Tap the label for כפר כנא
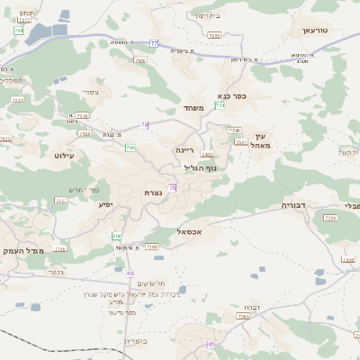tap(231, 95)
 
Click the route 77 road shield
tap(154, 43)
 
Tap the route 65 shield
tap(211, 345)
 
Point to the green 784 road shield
tap(19, 31)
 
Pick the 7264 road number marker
tap(242, 318)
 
